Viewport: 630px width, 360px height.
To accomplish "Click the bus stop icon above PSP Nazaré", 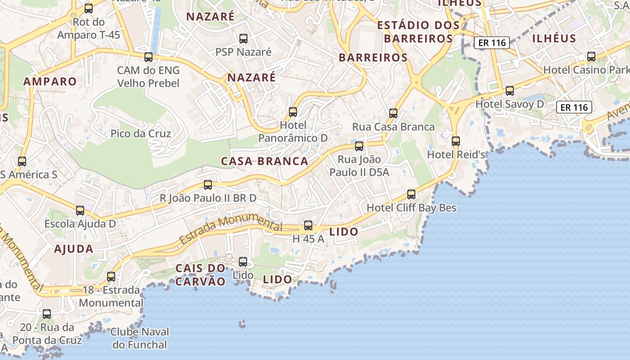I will click(x=243, y=39).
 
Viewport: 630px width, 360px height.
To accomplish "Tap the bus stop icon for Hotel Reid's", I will click(x=456, y=141).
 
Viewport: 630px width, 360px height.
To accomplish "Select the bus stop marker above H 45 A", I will click(x=308, y=225).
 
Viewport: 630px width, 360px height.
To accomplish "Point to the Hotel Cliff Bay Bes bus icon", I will click(x=411, y=194).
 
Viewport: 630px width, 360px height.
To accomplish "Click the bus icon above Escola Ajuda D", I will click(x=80, y=210).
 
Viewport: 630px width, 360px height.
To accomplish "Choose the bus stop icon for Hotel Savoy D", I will click(x=510, y=91).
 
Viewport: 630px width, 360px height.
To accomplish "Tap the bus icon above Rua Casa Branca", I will click(x=393, y=113).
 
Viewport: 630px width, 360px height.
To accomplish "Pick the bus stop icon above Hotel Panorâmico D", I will click(x=293, y=112).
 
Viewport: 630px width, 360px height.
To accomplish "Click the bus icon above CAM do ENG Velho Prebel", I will click(x=148, y=57).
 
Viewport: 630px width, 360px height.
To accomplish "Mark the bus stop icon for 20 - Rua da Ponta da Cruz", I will click(x=47, y=314).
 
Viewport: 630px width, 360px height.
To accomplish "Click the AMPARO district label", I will click(x=50, y=81).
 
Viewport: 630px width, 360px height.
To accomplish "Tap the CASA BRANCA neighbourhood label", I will click(x=265, y=161).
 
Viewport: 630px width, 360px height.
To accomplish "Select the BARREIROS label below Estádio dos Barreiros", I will click(x=373, y=58).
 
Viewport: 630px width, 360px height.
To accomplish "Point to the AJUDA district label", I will click(x=74, y=249).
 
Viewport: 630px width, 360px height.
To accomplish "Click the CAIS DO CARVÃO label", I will click(x=200, y=274).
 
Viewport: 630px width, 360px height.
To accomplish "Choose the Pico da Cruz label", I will click(x=141, y=134).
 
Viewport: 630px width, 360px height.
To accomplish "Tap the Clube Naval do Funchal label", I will click(x=139, y=338).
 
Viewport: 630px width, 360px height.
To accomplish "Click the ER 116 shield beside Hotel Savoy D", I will click(x=574, y=107).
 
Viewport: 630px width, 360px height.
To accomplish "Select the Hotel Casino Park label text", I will click(x=586, y=70).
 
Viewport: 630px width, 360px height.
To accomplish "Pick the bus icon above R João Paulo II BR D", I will click(x=208, y=184).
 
